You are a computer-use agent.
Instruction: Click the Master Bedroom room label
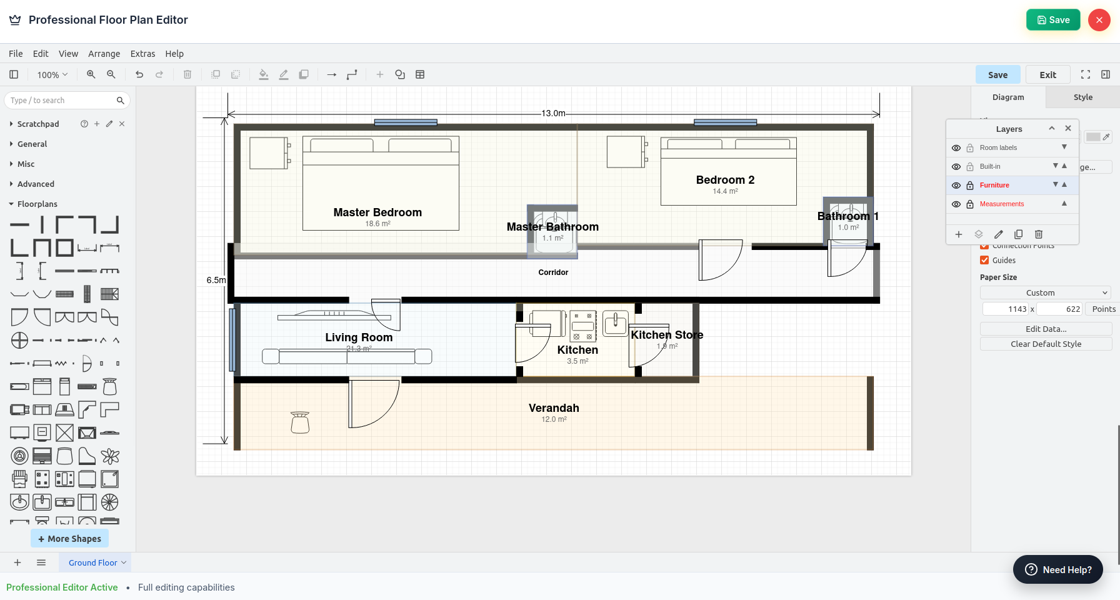(x=377, y=212)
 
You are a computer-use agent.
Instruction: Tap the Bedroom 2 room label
(x=725, y=180)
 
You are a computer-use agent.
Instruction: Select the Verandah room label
(x=554, y=408)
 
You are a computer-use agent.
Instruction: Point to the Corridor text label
(x=553, y=272)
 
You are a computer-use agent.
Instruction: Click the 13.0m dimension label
(x=553, y=113)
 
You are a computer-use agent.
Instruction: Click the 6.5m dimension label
(x=216, y=280)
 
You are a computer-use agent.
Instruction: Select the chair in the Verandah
(x=300, y=422)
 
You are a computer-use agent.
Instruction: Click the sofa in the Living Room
(x=347, y=356)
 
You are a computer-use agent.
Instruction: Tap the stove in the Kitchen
(x=582, y=326)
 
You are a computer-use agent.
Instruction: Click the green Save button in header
(x=1053, y=20)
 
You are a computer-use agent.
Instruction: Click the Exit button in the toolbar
(x=1047, y=75)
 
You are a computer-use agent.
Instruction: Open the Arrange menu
(x=104, y=54)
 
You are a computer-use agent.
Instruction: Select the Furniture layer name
(x=994, y=185)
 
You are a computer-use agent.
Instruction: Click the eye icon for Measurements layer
(x=956, y=204)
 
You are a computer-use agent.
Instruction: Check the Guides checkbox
(x=984, y=260)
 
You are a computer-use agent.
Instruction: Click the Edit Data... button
(x=1046, y=329)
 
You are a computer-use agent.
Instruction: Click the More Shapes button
(x=69, y=538)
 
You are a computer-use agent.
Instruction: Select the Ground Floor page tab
(x=93, y=562)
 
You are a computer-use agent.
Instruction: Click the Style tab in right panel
(x=1082, y=97)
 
